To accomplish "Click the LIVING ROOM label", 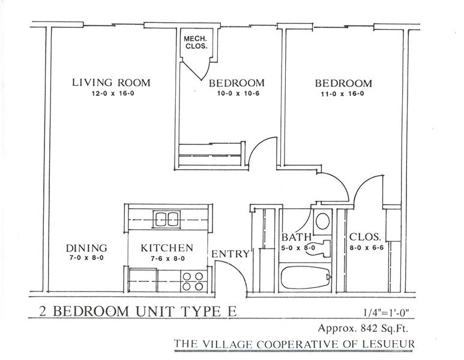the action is (x=111, y=83).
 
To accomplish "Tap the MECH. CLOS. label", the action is (x=196, y=43).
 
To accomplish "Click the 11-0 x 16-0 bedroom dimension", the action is (x=343, y=94).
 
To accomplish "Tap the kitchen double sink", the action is (x=167, y=219).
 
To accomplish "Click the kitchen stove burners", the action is (x=193, y=281).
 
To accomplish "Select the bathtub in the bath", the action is (x=305, y=278).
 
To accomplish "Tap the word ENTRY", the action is (x=230, y=254).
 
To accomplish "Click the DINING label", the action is (x=86, y=248).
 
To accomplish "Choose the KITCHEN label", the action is (x=167, y=248).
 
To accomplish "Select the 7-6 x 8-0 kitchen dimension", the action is (x=168, y=259).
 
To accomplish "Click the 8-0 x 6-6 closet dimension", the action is (x=367, y=248).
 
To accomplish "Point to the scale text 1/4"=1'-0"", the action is (x=386, y=313).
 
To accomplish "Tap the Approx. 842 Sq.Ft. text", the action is (x=363, y=328).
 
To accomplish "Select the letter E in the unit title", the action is (x=232, y=311).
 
